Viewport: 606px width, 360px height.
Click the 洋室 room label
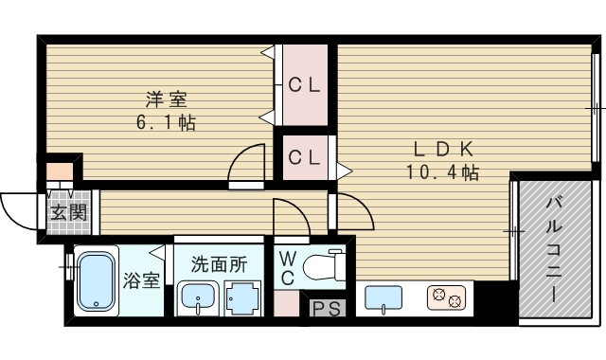pyautogui.click(x=167, y=99)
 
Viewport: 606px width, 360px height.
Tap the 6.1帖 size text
pyautogui.click(x=167, y=122)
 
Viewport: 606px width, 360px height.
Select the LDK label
pyautogui.click(x=443, y=149)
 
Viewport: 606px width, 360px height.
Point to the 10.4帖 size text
pyautogui.click(x=442, y=172)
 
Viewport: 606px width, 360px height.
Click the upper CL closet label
pyautogui.click(x=304, y=85)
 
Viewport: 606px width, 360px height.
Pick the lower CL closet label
pyautogui.click(x=304, y=157)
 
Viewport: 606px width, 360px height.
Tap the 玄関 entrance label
pyautogui.click(x=69, y=212)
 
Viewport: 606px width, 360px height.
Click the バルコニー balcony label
pyautogui.click(x=553, y=250)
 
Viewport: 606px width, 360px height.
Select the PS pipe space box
pyautogui.click(x=327, y=308)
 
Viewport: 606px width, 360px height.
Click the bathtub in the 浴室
pyautogui.click(x=97, y=281)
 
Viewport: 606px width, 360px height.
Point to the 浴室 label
pyautogui.click(x=141, y=281)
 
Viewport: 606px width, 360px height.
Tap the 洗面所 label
pyautogui.click(x=219, y=264)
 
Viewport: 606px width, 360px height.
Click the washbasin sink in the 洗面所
pyautogui.click(x=198, y=299)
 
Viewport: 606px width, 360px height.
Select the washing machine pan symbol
pyautogui.click(x=243, y=299)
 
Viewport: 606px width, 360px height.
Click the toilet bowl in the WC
pyautogui.click(x=320, y=266)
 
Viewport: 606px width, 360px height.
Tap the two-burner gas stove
pyautogui.click(x=446, y=297)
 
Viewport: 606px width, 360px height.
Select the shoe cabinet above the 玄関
pyautogui.click(x=60, y=171)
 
